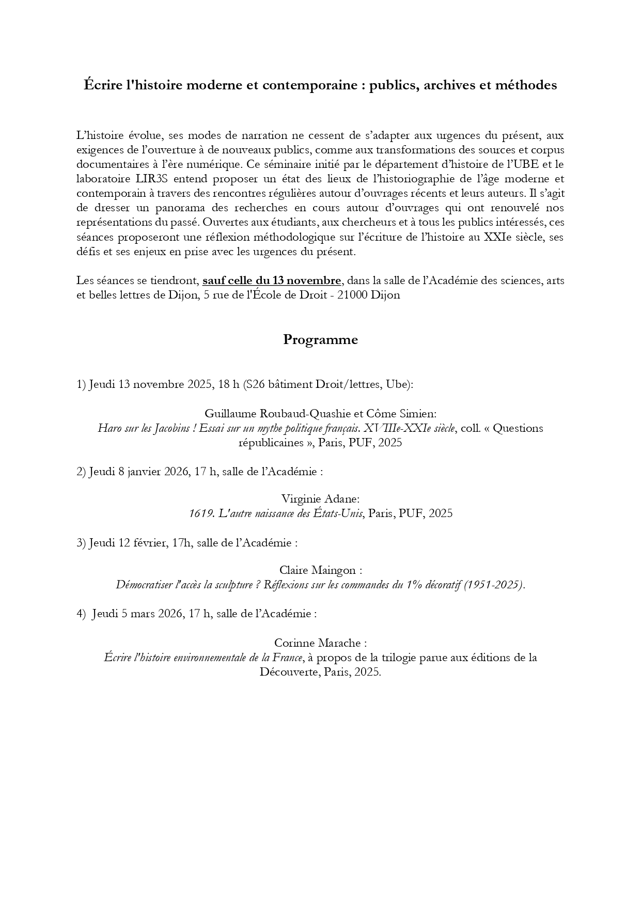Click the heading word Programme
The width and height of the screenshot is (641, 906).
pyautogui.click(x=320, y=340)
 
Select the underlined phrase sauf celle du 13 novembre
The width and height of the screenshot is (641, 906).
pyautogui.click(x=272, y=281)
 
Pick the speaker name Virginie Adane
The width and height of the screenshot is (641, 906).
pyautogui.click(x=320, y=499)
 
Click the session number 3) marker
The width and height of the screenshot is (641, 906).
pyautogui.click(x=81, y=543)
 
